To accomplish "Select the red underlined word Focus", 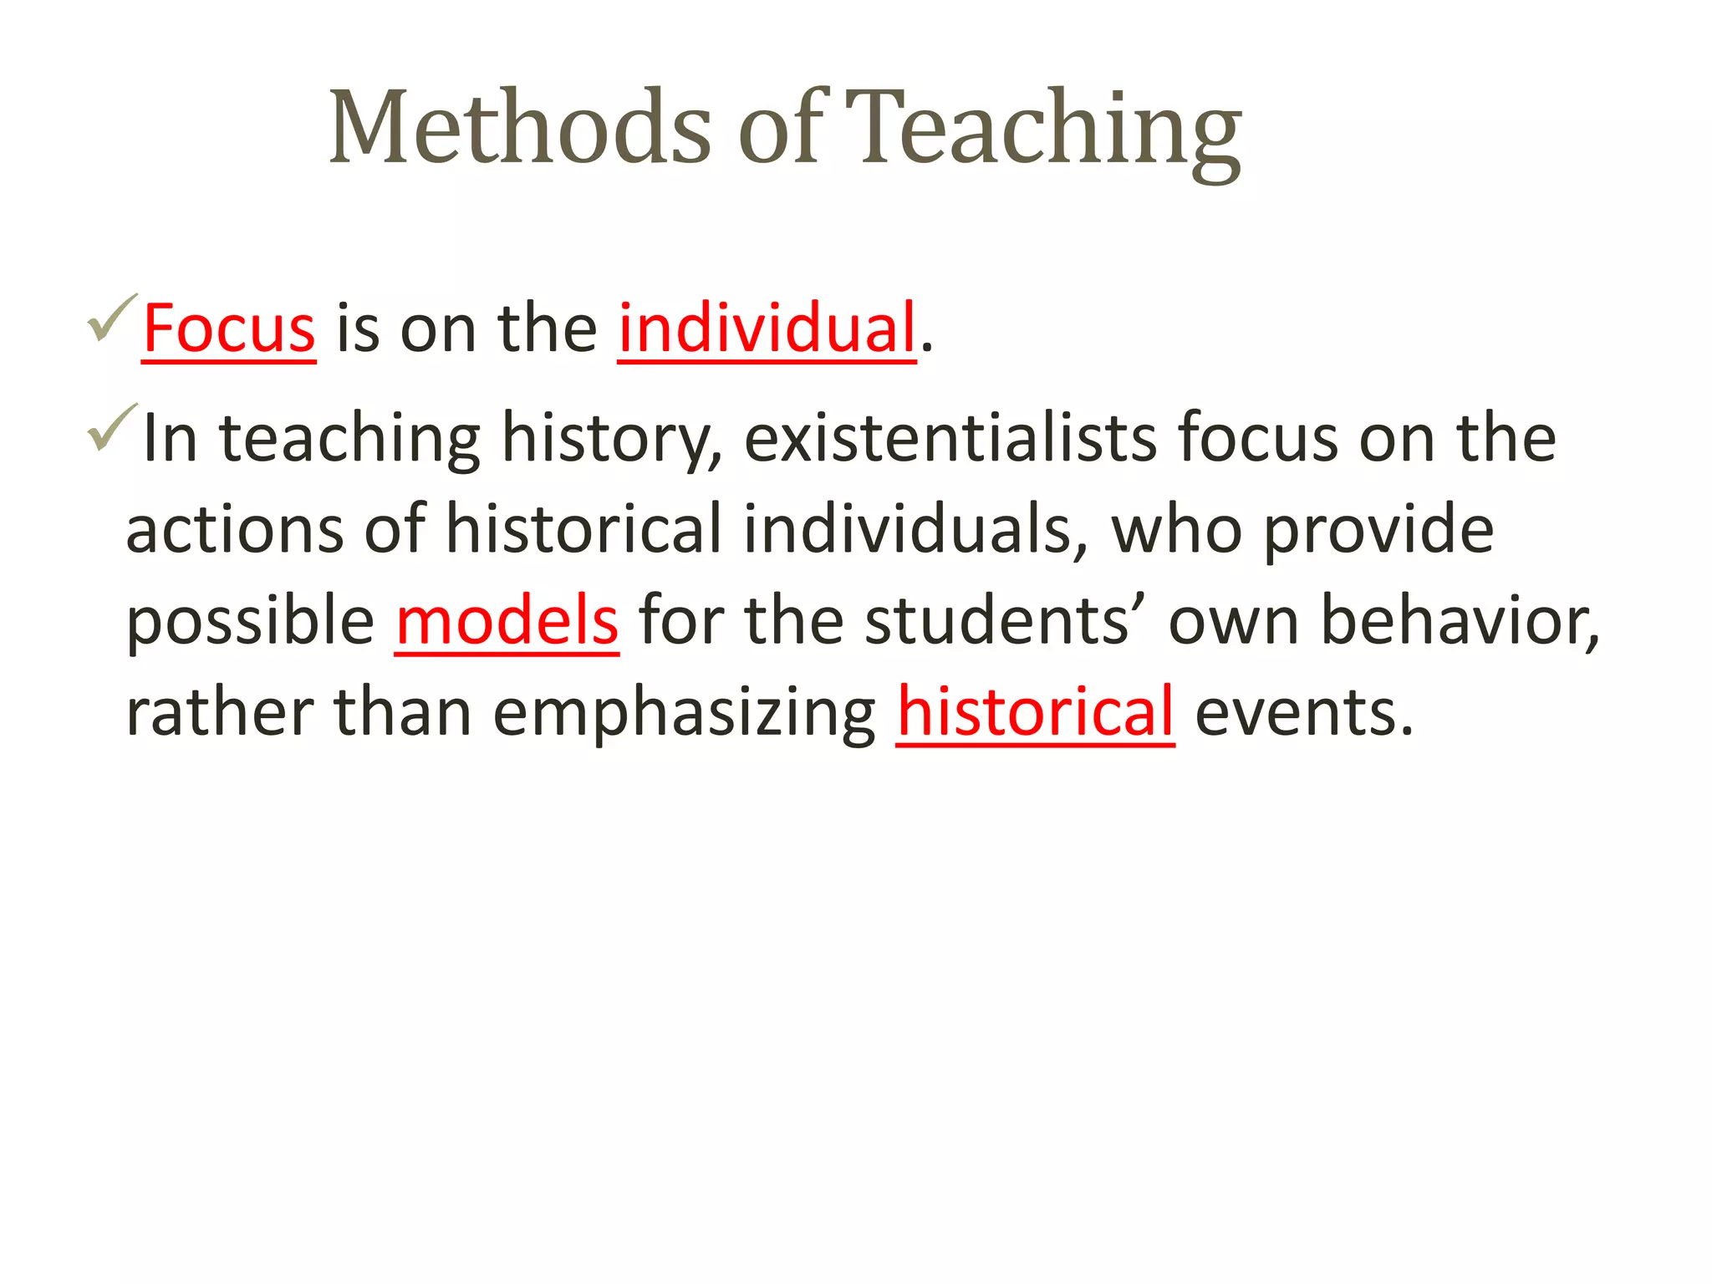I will pyautogui.click(x=229, y=329).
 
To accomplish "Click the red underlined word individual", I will pyautogui.click(x=767, y=329).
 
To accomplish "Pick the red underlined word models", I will pyautogui.click(x=507, y=621).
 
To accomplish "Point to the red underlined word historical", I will pyautogui.click(x=1035, y=712).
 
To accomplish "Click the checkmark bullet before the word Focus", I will pyautogui.click(x=111, y=318).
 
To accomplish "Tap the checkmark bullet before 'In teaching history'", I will pyautogui.click(x=111, y=427).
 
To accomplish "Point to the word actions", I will pyautogui.click(x=234, y=530).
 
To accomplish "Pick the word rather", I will pyautogui.click(x=220, y=712).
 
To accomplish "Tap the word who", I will pyautogui.click(x=1175, y=530).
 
